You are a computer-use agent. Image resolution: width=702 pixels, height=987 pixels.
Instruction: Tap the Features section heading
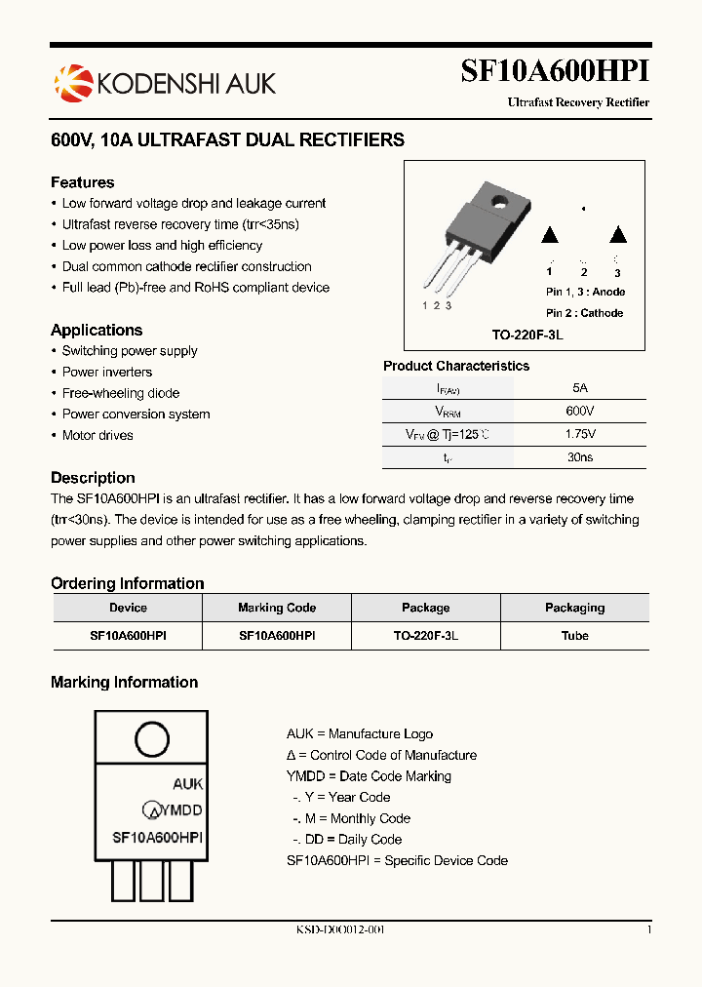(x=82, y=182)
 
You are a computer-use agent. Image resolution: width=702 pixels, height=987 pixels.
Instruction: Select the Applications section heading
(x=97, y=330)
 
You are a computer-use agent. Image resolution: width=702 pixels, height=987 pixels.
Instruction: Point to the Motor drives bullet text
(x=97, y=435)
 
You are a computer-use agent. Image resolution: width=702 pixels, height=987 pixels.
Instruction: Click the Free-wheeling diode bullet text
(x=121, y=393)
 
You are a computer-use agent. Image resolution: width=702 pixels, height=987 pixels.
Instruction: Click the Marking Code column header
(x=277, y=608)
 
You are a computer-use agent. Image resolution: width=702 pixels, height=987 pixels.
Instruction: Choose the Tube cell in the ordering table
(x=575, y=635)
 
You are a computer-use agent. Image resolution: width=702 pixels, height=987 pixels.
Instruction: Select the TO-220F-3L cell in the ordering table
(x=426, y=635)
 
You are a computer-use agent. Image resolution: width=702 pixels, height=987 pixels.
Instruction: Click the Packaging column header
(x=575, y=608)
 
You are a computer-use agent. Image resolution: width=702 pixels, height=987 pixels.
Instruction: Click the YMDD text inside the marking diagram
(x=181, y=809)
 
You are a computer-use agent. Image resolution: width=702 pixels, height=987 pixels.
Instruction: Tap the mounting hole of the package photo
(x=501, y=203)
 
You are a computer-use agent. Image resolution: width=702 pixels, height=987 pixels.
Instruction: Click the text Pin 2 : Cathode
(x=585, y=313)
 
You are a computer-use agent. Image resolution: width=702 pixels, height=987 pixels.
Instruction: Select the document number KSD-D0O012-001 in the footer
(x=340, y=929)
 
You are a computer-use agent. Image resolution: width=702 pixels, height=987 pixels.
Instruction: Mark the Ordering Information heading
(x=128, y=583)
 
